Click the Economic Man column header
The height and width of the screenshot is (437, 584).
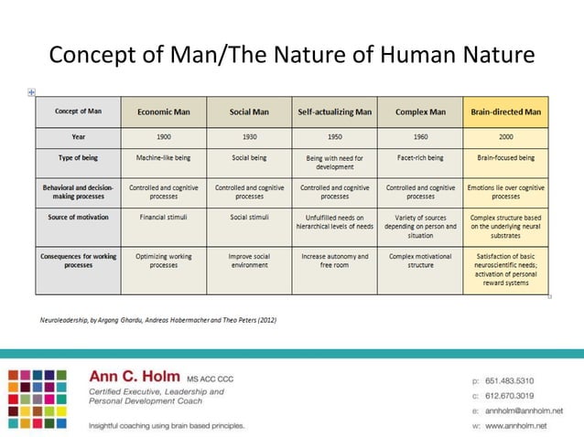pos(163,112)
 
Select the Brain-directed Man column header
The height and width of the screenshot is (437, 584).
pos(505,112)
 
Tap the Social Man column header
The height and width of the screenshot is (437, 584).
pos(249,112)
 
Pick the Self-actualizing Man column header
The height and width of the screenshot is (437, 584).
pos(334,112)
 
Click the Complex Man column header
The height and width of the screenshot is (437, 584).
pos(420,112)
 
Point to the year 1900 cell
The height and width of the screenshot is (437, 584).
pos(163,136)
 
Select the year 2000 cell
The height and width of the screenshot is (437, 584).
pos(505,136)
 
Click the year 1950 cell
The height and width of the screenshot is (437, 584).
pos(334,136)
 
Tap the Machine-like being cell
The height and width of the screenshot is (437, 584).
pos(163,157)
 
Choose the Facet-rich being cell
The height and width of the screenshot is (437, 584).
pos(420,157)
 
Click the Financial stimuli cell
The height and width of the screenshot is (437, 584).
pos(163,218)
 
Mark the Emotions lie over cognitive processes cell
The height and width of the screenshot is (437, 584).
pos(505,192)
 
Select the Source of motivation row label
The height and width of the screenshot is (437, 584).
pos(78,218)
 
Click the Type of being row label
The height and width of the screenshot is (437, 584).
pos(78,157)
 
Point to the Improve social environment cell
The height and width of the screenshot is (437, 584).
pos(249,261)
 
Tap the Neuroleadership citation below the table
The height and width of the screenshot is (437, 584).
pos(158,320)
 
